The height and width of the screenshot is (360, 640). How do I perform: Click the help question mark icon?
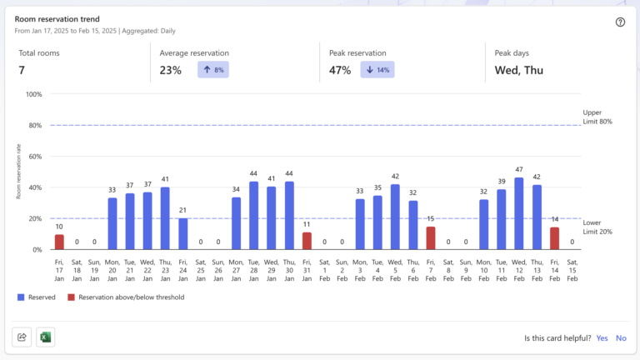620,22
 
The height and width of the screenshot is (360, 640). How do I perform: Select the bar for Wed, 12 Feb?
519,213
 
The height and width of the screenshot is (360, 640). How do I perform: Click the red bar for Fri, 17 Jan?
59,242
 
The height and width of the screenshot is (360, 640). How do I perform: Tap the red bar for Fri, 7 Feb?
431,238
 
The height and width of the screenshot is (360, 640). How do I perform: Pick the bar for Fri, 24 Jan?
183,233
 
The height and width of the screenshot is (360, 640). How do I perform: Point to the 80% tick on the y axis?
34,125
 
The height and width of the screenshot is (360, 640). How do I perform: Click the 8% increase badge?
212,70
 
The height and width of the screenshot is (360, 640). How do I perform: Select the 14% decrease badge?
377,70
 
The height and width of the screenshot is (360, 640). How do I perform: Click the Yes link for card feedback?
602,337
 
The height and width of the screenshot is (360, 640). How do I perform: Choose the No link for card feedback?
621,337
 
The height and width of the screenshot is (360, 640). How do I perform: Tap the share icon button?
22,337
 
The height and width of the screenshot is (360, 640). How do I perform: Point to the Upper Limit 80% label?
597,117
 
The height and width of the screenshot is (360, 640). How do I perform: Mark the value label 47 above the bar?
519,169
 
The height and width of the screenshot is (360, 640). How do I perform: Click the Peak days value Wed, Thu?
518,70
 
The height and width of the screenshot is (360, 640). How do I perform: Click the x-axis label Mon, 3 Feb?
360,270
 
